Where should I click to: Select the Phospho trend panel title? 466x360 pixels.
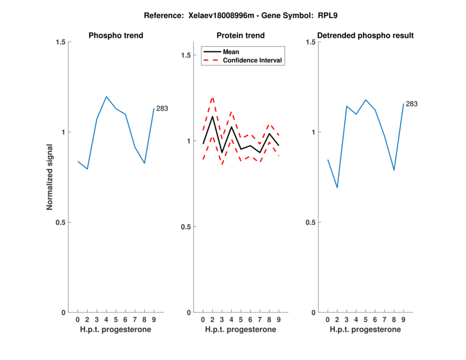coord(115,36)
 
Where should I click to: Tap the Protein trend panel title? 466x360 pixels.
coord(241,36)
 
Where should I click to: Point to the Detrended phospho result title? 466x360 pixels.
coord(365,36)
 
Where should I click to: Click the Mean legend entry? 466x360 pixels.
coord(231,51)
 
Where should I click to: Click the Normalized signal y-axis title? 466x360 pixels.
coord(51,177)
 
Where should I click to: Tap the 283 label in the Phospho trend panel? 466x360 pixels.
coord(162,108)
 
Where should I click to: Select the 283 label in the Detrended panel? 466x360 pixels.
coord(411,104)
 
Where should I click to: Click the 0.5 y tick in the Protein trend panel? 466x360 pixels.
coord(186,227)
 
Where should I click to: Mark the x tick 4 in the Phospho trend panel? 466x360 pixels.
coord(106,320)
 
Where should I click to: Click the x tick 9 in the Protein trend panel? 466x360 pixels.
coord(279,320)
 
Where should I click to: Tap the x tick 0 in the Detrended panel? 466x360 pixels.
coord(327,320)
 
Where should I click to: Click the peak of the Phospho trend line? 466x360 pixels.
coord(106,97)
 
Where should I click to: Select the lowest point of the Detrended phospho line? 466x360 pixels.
coord(337,188)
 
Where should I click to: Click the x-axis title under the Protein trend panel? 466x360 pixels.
coord(241,330)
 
